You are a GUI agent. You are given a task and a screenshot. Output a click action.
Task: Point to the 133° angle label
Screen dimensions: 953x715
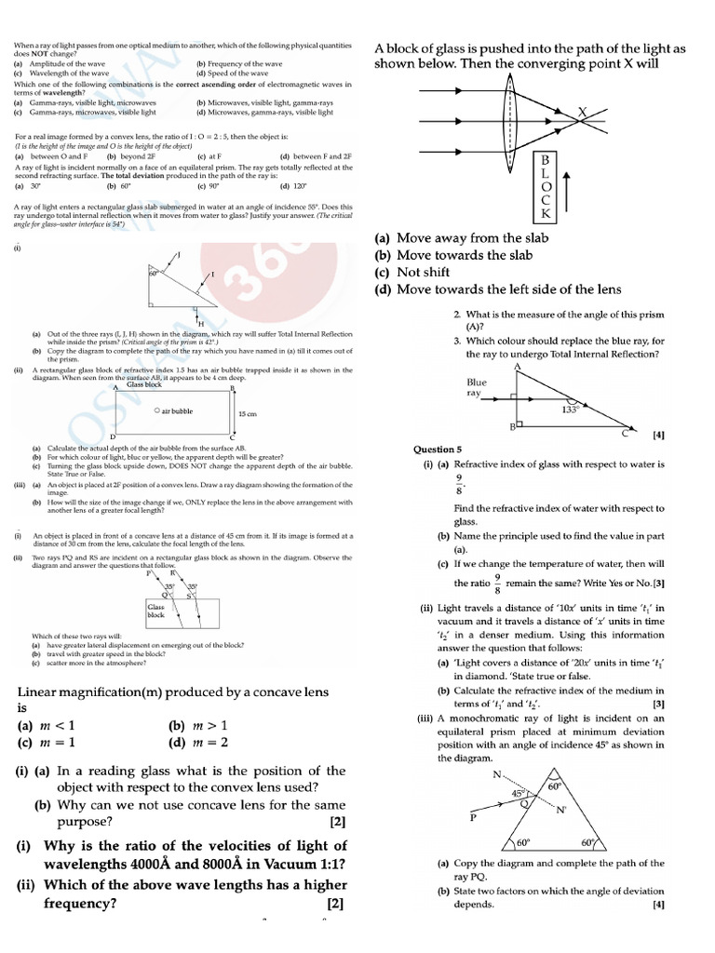pos(569,409)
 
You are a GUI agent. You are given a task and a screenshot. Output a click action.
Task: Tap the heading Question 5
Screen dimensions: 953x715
pos(438,450)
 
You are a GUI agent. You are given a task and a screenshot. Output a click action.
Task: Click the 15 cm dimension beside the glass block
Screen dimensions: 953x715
pos(247,413)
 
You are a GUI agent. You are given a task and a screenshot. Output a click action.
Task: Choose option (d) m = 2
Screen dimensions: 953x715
pos(198,743)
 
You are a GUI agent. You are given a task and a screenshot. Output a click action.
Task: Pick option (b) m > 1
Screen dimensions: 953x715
pos(198,725)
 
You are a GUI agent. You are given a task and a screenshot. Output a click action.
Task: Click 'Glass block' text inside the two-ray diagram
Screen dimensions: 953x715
pos(155,611)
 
